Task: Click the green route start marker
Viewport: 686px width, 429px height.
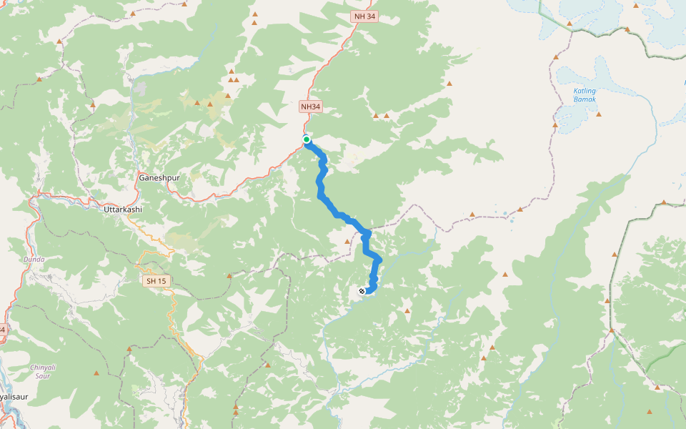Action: tap(306, 139)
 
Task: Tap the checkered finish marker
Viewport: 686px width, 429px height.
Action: tap(362, 291)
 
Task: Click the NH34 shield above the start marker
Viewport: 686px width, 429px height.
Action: tap(311, 107)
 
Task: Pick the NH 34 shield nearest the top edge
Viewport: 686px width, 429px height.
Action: tap(364, 16)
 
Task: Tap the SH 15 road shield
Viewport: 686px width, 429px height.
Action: tap(156, 281)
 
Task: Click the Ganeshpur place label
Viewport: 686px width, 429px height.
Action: tap(156, 177)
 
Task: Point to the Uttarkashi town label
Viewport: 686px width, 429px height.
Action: tap(123, 209)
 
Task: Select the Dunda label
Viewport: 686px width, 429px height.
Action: tap(34, 259)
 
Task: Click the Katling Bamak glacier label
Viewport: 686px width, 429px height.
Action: tap(585, 95)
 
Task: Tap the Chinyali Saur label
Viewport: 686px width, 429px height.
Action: tap(41, 370)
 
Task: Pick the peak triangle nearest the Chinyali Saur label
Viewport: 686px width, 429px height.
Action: tap(96, 373)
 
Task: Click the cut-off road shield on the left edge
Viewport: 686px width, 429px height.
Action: tap(2, 330)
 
